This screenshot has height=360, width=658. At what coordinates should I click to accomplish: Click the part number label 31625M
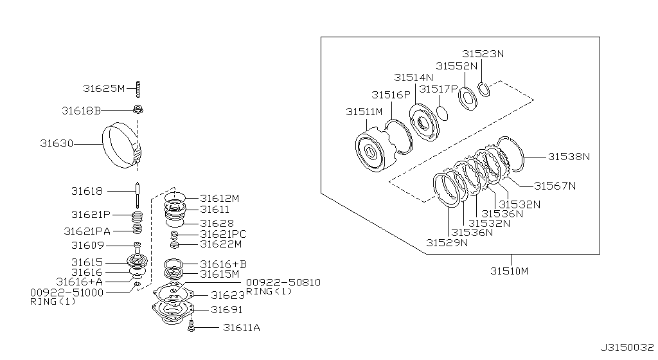[x=103, y=89]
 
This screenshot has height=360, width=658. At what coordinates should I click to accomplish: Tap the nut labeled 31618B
[x=138, y=110]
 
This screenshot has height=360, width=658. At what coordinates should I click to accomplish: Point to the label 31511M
[x=364, y=112]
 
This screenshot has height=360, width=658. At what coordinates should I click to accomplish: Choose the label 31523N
[x=483, y=54]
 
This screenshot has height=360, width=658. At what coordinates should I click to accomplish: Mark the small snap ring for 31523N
[x=484, y=89]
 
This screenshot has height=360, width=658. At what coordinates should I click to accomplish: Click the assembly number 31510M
[x=510, y=271]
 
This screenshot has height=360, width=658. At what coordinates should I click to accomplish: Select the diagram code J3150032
[x=627, y=348]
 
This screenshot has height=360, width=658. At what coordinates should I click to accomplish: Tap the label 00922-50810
[x=283, y=283]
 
